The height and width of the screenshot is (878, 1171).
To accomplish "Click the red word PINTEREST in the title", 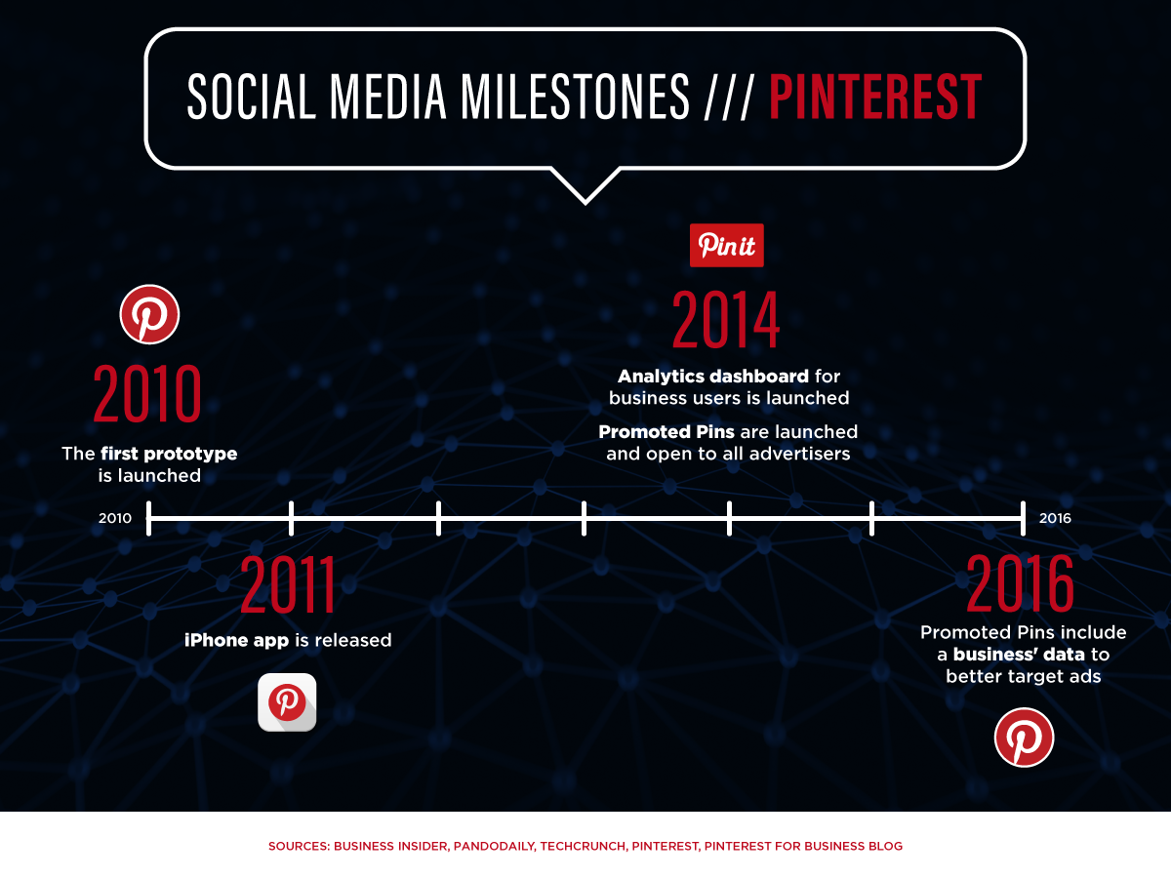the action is pyautogui.click(x=875, y=96).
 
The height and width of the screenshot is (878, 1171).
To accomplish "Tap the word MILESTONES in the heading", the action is pyautogui.click(x=575, y=96).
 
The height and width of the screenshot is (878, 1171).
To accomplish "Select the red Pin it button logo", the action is pyautogui.click(x=727, y=245).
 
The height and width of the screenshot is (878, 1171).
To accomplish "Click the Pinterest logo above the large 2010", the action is pyautogui.click(x=149, y=314).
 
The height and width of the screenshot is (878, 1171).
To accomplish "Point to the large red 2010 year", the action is pyautogui.click(x=147, y=394).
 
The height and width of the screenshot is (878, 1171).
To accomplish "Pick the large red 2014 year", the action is pyautogui.click(x=726, y=320).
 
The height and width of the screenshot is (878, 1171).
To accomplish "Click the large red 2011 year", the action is pyautogui.click(x=288, y=583).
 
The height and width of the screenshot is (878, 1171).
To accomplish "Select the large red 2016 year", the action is pyautogui.click(x=1020, y=582).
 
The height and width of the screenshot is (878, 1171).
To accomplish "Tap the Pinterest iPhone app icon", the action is pyautogui.click(x=287, y=702).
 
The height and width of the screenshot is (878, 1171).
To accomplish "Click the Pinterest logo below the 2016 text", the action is pyautogui.click(x=1025, y=738).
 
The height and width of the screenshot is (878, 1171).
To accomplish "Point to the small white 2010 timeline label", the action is pyautogui.click(x=115, y=518).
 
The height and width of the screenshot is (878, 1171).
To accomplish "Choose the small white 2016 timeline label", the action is pyautogui.click(x=1055, y=518).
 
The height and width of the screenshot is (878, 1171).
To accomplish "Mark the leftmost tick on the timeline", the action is pyautogui.click(x=149, y=518).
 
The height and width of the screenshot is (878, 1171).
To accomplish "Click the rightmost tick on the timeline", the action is pyautogui.click(x=1024, y=518).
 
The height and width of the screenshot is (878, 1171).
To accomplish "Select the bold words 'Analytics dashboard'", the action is pyautogui.click(x=713, y=377).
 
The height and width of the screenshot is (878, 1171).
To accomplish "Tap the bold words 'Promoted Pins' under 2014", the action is pyautogui.click(x=666, y=431).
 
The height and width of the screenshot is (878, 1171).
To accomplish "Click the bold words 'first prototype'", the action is pyautogui.click(x=169, y=454).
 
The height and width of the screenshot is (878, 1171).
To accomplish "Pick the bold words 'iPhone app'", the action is pyautogui.click(x=237, y=640).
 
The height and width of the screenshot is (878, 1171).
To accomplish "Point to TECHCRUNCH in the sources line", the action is pyautogui.click(x=583, y=846).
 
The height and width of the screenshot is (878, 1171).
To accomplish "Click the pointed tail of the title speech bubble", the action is pyautogui.click(x=585, y=203).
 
